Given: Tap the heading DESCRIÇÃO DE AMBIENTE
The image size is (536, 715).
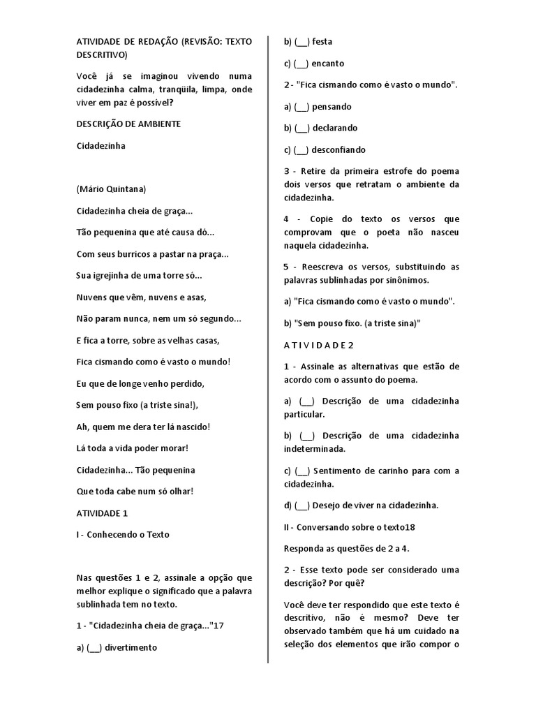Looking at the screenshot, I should (128, 124).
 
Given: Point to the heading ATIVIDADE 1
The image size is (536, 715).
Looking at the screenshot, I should (102, 513).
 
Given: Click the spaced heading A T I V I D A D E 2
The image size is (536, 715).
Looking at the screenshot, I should (319, 345).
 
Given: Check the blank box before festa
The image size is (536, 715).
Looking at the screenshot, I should (301, 42).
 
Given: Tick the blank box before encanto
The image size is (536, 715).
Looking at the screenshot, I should (301, 64).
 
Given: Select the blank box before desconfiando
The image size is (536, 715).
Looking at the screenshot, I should (301, 150).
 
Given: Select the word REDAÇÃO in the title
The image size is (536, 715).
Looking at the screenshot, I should (157, 41).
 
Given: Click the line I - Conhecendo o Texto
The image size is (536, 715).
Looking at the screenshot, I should (123, 535).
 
